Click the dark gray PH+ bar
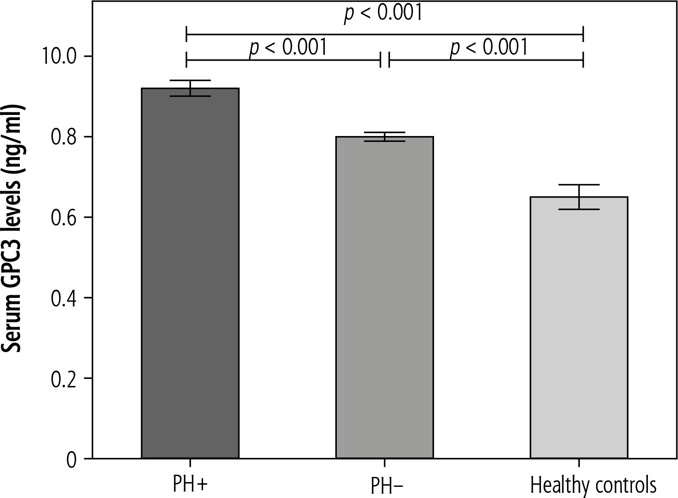point(190,273)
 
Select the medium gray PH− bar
point(384,297)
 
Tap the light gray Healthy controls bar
point(579,327)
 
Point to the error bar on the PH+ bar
point(190,88)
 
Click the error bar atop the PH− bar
point(385,136)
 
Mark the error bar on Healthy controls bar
point(579,197)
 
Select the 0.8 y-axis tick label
point(63,137)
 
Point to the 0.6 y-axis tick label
point(63,217)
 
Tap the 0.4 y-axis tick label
point(63,298)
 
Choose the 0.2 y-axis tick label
point(63,378)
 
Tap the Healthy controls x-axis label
point(593,485)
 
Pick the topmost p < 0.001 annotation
point(383,13)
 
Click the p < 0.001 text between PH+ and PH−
point(288,47)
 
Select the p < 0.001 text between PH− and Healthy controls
point(489,47)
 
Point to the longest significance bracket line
point(384,34)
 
